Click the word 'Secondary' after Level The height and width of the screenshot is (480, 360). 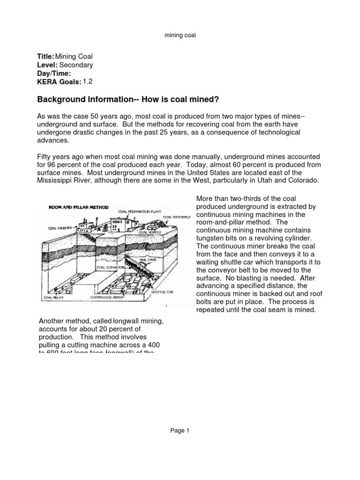(77, 65)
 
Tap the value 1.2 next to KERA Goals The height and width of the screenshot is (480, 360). (88, 82)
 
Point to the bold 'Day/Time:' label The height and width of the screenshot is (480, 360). (54, 74)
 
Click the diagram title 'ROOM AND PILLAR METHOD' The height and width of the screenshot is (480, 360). (76, 207)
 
